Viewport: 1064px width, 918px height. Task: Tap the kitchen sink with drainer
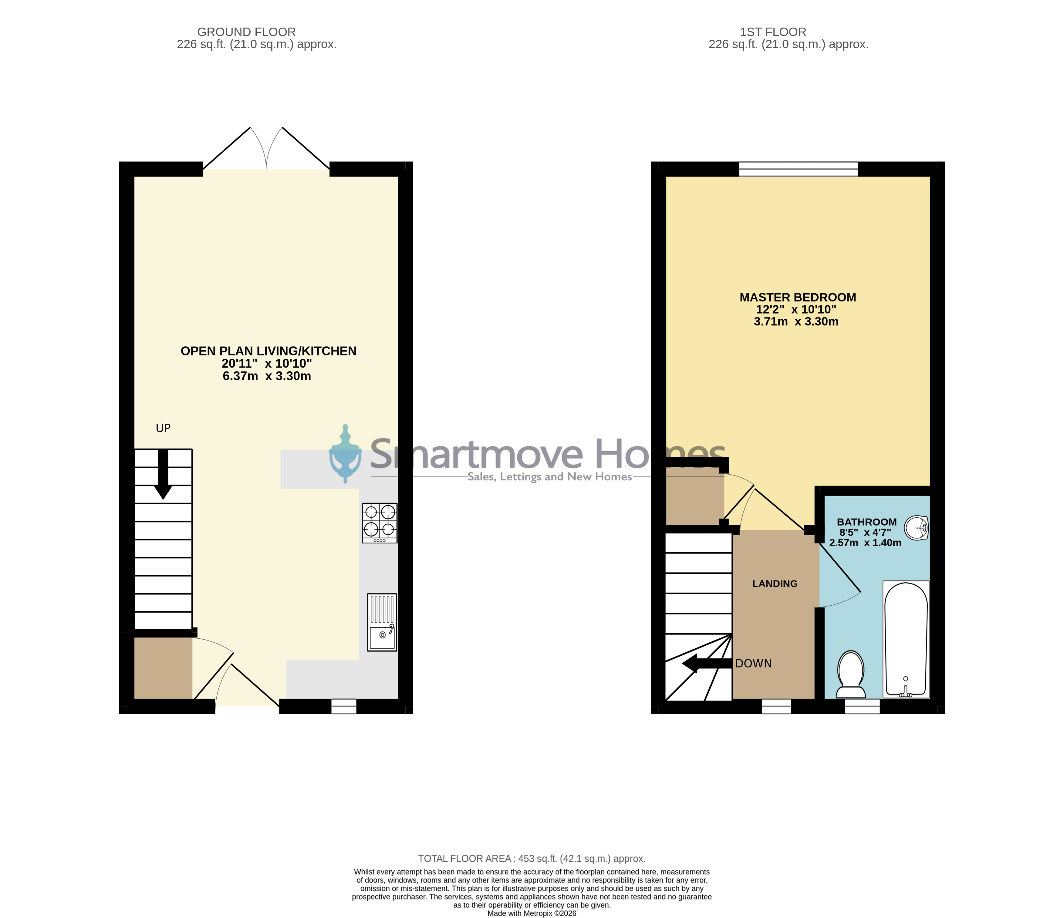(x=382, y=622)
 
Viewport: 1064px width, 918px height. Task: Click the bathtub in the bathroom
(x=906, y=639)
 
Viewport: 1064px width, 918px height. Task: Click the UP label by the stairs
(x=163, y=428)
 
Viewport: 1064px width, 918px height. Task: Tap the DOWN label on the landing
(x=753, y=663)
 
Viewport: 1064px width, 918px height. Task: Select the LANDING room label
(x=775, y=584)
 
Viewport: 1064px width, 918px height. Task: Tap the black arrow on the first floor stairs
(x=707, y=663)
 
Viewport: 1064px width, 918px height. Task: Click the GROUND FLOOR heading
(x=246, y=32)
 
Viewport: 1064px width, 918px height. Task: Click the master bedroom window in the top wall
(x=799, y=169)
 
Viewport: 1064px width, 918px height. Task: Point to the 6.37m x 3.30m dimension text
(x=267, y=376)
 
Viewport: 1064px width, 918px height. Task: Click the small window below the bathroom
(x=862, y=707)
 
